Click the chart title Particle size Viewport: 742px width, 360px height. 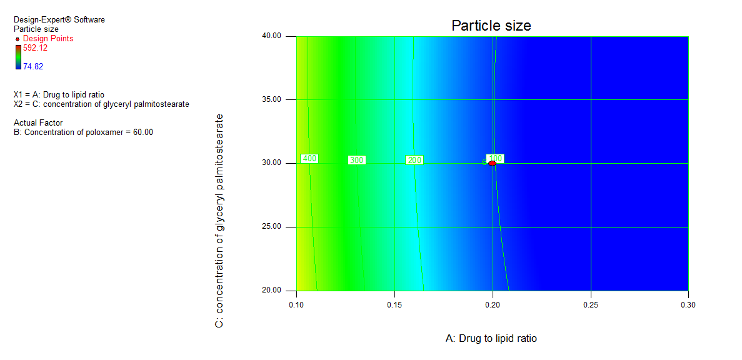click(491, 26)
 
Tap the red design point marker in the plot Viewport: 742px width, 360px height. click(492, 162)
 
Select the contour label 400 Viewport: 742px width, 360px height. click(309, 159)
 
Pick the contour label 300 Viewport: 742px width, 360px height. click(356, 161)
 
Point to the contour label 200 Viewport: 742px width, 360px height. click(414, 161)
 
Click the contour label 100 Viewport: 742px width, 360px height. click(496, 158)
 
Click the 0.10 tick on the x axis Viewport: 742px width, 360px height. click(296, 305)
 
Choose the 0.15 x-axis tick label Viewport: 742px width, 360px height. click(394, 305)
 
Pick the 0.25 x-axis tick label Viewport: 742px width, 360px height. click(591, 305)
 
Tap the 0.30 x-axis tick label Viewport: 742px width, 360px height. click(688, 305)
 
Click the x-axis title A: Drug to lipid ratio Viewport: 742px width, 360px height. click(491, 338)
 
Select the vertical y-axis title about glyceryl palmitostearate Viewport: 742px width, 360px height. click(219, 221)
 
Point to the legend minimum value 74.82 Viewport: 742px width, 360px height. click(33, 66)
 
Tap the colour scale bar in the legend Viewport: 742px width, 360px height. click(18, 57)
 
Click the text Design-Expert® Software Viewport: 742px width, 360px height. click(59, 20)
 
